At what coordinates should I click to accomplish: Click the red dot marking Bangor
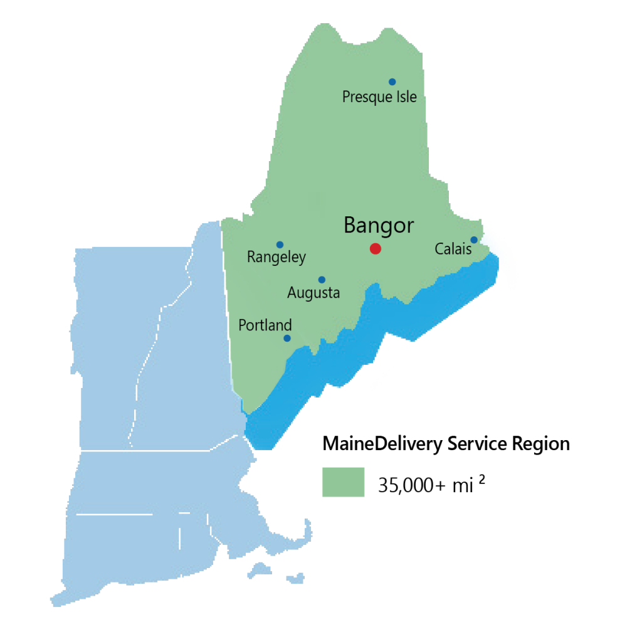pos(376,249)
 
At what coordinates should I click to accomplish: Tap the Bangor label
pos(379,226)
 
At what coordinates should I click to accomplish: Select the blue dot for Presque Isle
pos(392,82)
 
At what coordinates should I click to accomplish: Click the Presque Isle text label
pos(379,97)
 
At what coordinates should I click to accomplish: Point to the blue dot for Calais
pos(474,240)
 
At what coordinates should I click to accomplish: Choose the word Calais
pos(453,250)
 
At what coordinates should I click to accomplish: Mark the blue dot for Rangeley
pos(280,245)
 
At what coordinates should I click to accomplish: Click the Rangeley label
pos(276,257)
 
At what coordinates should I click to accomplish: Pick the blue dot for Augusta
pos(322,280)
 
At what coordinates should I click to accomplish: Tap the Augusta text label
pos(313,293)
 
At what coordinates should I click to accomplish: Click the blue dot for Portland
pos(287,338)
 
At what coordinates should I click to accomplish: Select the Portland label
pos(265,325)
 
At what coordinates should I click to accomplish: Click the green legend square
pos(343,482)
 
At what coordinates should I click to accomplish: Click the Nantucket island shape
pos(295,577)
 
